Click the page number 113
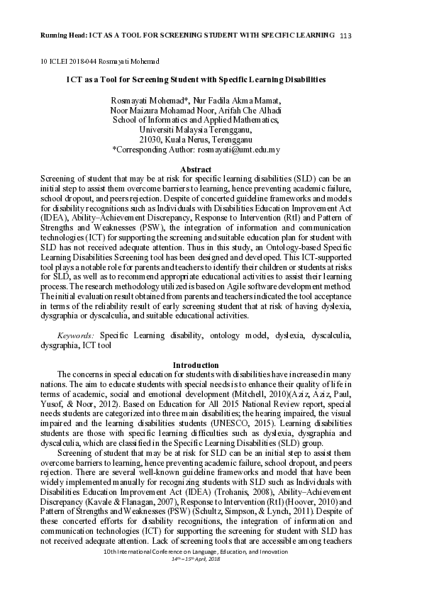tap(346, 35)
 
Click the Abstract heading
tap(196, 169)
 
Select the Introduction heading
tap(196, 365)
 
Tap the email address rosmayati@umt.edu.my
tap(239, 150)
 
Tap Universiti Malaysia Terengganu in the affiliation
tap(196, 130)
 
